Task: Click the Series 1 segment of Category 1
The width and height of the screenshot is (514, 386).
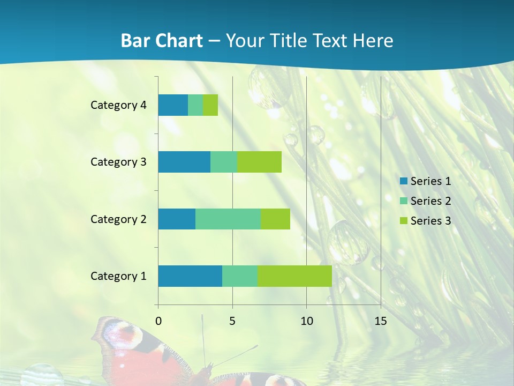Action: (190, 276)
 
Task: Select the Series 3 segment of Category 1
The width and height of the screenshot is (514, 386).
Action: (294, 276)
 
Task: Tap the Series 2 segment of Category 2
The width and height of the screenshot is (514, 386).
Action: (228, 219)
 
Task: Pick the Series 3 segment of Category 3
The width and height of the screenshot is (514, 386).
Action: (260, 162)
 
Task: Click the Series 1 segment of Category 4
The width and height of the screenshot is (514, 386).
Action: (173, 105)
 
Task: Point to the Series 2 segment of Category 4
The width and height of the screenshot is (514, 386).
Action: (195, 105)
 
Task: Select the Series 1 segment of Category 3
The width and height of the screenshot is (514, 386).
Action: (184, 162)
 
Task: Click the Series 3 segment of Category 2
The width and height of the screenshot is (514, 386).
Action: (275, 219)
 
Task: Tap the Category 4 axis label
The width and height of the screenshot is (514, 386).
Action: (118, 105)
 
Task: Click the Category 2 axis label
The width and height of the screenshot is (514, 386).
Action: (118, 219)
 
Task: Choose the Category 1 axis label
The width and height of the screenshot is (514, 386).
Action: (118, 276)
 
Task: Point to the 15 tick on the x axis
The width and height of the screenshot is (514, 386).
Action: (381, 321)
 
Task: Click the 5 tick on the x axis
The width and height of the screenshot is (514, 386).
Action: (232, 321)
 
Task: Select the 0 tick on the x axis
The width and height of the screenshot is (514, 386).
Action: (158, 321)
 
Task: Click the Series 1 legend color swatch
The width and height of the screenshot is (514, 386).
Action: (403, 181)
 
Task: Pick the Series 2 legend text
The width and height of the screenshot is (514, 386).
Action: (430, 201)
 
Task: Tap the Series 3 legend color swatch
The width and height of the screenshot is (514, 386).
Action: (403, 221)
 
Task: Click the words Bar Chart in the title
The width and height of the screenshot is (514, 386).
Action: (162, 41)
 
